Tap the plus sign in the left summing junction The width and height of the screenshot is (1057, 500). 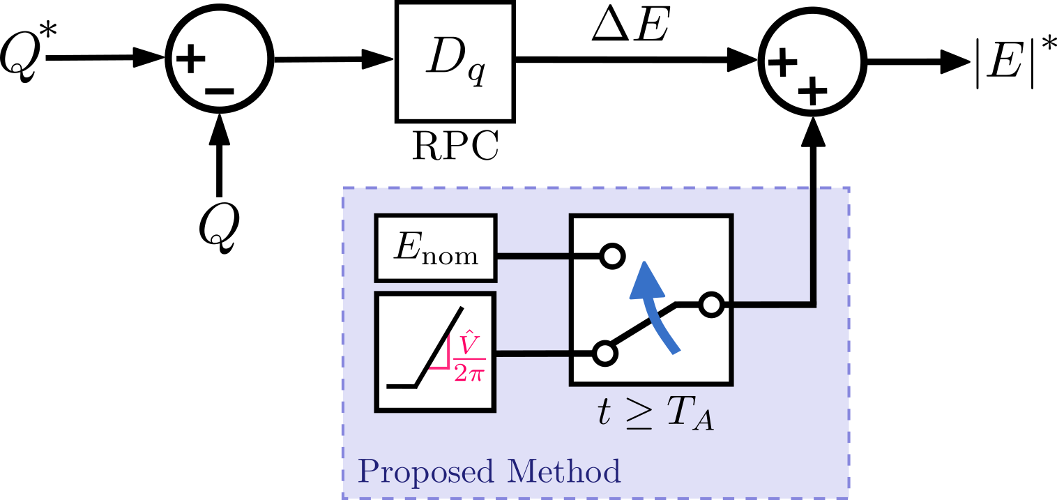click(190, 59)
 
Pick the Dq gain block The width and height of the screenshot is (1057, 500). click(455, 61)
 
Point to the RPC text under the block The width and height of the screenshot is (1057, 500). click(455, 146)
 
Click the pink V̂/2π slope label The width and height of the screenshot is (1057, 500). click(469, 358)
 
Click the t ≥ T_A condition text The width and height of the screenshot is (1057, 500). click(655, 414)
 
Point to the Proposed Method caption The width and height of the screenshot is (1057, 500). click(489, 472)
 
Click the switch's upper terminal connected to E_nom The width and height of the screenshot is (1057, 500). click(611, 257)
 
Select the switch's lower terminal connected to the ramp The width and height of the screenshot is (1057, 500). click(604, 354)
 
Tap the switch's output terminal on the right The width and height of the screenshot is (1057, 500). click(710, 305)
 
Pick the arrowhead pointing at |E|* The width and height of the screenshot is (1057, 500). click(956, 61)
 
